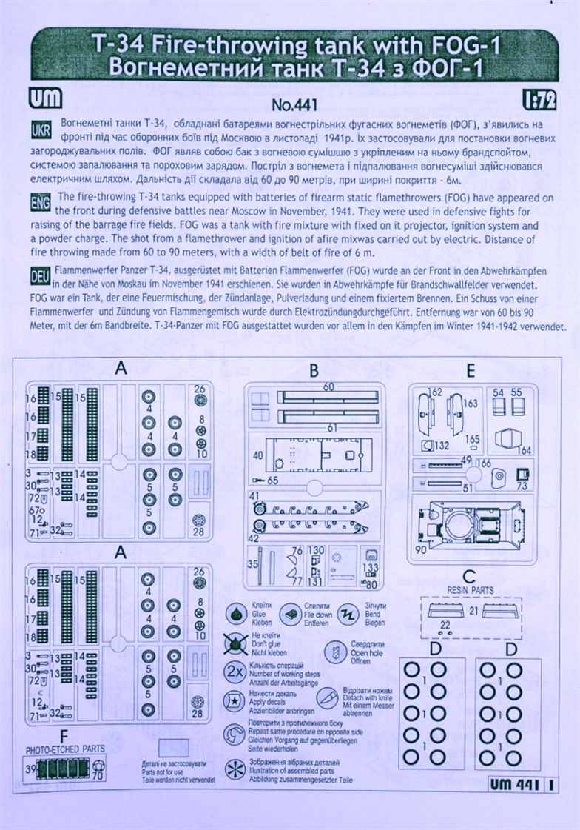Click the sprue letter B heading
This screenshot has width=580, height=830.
313,369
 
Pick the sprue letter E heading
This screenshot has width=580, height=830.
471,369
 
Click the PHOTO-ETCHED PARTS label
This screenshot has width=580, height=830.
65,749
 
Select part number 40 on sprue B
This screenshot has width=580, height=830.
257,455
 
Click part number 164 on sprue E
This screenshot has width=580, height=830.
526,450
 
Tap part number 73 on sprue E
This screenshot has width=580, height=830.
522,486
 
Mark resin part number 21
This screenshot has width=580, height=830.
473,611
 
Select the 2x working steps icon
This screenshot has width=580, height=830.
235,673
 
